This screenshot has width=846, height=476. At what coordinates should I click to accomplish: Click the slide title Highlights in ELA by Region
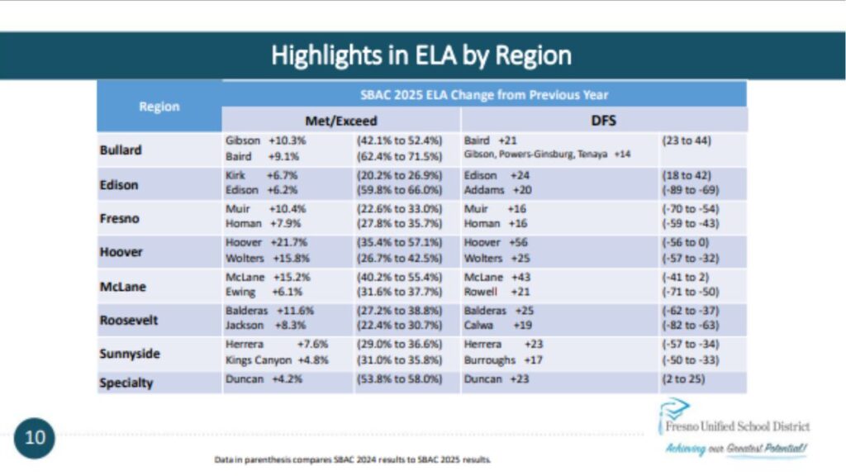(x=421, y=55)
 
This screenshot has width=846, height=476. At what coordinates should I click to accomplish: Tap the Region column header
(x=159, y=107)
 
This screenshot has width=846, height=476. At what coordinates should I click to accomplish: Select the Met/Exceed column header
(x=340, y=121)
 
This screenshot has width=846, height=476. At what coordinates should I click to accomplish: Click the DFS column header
(x=603, y=121)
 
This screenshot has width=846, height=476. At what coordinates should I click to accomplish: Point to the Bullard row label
(x=121, y=150)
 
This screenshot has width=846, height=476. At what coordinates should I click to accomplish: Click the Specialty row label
(x=126, y=383)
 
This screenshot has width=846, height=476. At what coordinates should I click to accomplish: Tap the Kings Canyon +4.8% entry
(x=273, y=360)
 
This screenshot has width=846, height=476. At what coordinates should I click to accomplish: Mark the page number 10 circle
(x=35, y=436)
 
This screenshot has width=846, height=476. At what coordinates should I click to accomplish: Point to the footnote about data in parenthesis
(x=352, y=459)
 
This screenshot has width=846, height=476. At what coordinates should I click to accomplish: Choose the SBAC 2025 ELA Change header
(x=484, y=94)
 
